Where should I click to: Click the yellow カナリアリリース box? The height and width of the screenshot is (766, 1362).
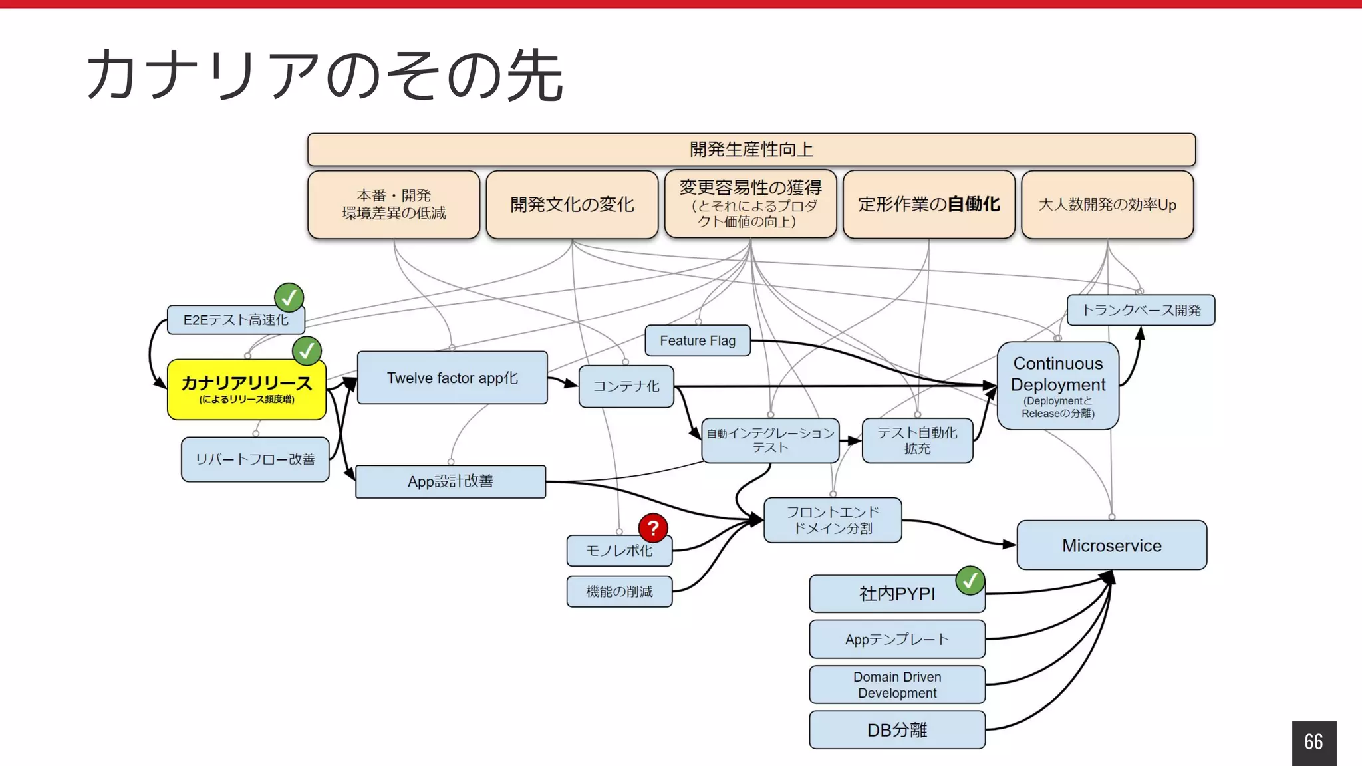[x=246, y=390]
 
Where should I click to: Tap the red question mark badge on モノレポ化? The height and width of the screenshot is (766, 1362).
[x=653, y=528]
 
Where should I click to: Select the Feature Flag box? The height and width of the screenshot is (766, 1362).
[x=697, y=340]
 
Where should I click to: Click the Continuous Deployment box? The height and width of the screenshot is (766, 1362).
[x=1057, y=386]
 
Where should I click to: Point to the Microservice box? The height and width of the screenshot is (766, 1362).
[x=1111, y=545]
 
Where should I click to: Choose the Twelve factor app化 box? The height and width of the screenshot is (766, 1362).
[x=452, y=378]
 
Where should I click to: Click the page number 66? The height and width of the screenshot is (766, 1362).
[x=1313, y=742]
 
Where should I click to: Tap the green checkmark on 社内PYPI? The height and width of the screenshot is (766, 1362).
[x=970, y=580]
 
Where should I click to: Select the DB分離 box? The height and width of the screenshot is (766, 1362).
[x=896, y=730]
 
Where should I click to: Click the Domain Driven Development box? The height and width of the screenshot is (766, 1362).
[x=896, y=685]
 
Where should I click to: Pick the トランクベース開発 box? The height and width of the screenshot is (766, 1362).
[x=1141, y=310]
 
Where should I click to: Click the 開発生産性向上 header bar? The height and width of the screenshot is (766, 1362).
[x=751, y=149]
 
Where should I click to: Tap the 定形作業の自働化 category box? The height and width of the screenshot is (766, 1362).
[x=928, y=204]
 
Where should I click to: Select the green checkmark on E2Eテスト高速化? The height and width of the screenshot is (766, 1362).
[x=289, y=298]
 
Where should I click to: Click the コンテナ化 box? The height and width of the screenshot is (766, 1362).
[x=626, y=386]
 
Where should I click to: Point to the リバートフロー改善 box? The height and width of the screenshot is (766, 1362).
[x=255, y=459]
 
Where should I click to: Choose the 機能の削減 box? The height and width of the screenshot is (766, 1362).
[x=618, y=592]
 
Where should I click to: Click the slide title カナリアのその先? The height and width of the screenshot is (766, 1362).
[x=325, y=74]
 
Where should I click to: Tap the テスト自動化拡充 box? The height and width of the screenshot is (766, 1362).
[x=917, y=440]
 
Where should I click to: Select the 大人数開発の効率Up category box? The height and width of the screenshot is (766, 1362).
[x=1107, y=204]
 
